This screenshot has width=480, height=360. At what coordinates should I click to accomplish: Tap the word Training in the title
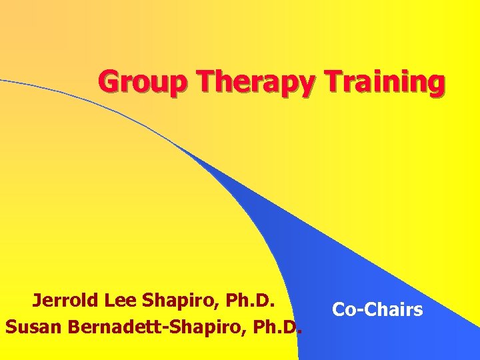[386, 83]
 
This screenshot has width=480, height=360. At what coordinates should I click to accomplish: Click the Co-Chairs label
[377, 310]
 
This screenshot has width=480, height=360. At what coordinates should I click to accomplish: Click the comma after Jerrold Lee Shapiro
[223, 307]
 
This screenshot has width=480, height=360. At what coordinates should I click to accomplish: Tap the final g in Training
[436, 85]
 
